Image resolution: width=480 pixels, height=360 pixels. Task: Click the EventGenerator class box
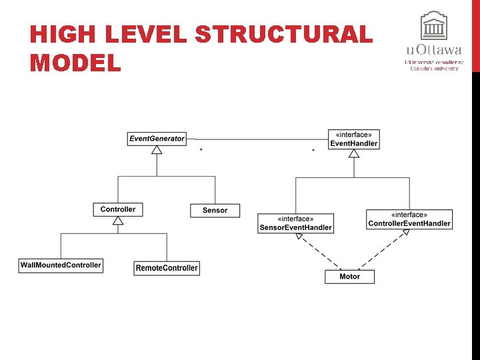tap(157, 139)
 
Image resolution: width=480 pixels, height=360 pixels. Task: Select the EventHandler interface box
tap(354, 139)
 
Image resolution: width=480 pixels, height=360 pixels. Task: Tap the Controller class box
tap(118, 209)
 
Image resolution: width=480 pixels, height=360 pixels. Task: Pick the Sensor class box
tap(215, 210)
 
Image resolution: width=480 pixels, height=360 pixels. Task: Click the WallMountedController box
tap(61, 265)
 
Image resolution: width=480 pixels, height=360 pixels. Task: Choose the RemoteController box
tap(167, 268)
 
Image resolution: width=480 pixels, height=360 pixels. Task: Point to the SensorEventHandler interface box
tap(295, 223)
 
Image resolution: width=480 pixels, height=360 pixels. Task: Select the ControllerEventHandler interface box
tap(409, 219)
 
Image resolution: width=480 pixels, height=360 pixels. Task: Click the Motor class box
tap(349, 276)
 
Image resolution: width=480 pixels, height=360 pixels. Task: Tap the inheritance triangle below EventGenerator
tap(157, 150)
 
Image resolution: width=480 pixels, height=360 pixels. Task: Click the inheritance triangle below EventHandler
tap(354, 153)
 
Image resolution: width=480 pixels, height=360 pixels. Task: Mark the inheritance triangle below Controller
tap(118, 221)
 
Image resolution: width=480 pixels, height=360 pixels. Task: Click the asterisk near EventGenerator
tap(201, 151)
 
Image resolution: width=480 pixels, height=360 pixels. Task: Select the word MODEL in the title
tap(75, 63)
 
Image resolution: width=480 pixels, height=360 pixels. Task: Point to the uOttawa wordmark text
tap(433, 50)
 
